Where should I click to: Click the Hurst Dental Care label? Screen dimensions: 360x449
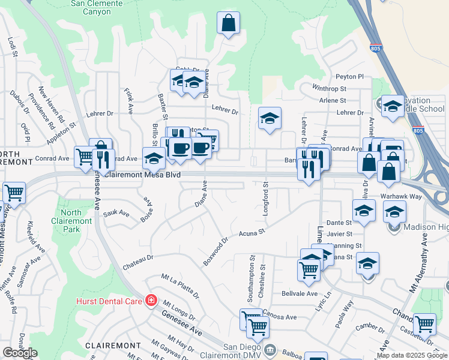[x=109, y=301]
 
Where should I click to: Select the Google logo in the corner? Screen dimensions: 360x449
[x=20, y=353]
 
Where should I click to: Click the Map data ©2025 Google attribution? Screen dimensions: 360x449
[x=412, y=355]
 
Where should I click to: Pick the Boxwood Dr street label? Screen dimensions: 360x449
[x=216, y=252]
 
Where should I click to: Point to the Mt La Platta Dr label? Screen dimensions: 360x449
[x=180, y=286]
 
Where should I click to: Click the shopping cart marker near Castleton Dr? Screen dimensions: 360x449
[x=424, y=324]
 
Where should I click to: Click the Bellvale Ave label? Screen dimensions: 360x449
[x=299, y=293]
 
